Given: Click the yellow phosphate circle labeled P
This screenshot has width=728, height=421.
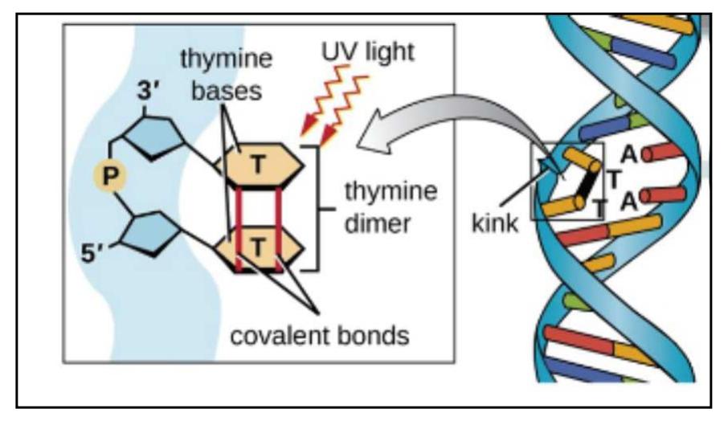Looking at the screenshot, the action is click(109, 177).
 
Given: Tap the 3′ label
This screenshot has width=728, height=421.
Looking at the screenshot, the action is click(148, 91).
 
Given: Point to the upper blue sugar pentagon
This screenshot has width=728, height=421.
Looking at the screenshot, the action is click(153, 137).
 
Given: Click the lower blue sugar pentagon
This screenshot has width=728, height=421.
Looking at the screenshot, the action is click(151, 234).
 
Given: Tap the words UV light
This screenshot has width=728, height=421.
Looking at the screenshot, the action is click(368, 51).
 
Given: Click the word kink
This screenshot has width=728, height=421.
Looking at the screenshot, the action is click(494, 223).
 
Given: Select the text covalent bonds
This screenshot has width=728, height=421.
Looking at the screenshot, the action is click(320, 336).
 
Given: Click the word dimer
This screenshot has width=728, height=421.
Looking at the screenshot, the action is click(378, 223).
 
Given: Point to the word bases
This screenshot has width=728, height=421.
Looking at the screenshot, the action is click(227, 91).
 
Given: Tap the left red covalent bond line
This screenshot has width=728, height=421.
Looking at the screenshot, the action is click(239, 227).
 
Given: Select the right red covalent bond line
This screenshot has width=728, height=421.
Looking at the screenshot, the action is click(279, 227).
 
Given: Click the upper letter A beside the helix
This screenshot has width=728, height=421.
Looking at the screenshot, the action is click(628, 154).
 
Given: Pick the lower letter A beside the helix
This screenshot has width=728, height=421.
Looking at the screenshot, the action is click(628, 202).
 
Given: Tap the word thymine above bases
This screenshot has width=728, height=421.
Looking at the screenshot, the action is click(226, 59).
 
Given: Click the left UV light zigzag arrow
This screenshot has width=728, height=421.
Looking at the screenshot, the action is click(323, 100).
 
